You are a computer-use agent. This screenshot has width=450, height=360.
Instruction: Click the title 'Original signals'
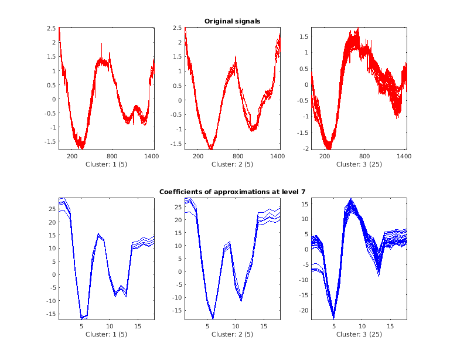[x=232, y=21]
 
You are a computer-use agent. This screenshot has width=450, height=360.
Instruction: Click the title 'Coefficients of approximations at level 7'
[x=232, y=192]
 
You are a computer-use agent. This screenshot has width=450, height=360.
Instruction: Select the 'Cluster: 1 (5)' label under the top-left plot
[x=106, y=165]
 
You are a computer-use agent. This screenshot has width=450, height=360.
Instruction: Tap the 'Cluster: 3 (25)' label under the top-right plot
[x=359, y=165]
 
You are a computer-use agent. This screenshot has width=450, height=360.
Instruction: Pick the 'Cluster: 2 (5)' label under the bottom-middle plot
[x=232, y=334]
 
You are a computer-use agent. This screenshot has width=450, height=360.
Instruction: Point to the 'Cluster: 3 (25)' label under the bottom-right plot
[x=359, y=334]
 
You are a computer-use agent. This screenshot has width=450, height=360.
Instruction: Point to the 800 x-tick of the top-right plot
[x=364, y=157]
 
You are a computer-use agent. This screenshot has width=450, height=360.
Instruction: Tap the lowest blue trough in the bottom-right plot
[x=333, y=317]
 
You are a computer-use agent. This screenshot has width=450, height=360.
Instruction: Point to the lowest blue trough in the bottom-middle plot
[x=213, y=318]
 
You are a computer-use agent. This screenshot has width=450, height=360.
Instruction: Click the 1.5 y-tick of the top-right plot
[x=305, y=36]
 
